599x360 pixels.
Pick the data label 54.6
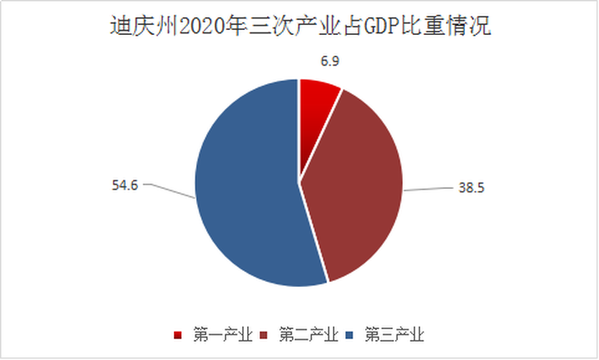[124, 183]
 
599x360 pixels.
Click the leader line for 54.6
[171, 190]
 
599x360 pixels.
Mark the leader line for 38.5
[429, 190]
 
